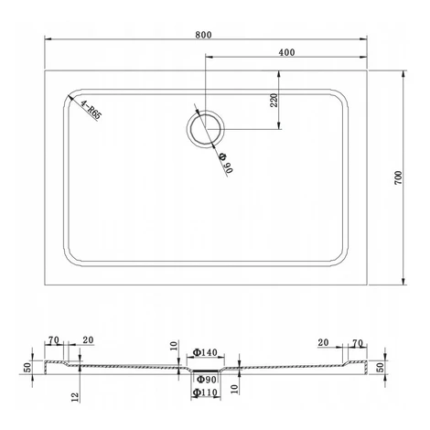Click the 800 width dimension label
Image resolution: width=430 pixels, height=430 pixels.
coord(203,35)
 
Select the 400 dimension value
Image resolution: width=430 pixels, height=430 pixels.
coord(286,52)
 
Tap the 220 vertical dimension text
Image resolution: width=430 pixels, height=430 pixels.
coord(274,100)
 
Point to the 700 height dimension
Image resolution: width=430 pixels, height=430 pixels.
coord(398,177)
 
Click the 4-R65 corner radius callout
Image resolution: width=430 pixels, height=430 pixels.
coord(91,110)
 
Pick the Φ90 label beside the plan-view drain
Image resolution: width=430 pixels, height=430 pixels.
coord(226,163)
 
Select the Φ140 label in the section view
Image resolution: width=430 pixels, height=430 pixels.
coord(205,352)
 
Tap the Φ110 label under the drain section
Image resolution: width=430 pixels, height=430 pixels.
coord(205,392)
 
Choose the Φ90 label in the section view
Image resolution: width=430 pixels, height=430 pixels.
coord(206,380)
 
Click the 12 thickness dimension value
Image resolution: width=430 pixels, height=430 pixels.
coord(75,397)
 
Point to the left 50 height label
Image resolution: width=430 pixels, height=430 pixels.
coord(27,367)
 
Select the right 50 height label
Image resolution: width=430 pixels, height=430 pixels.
coord(381,367)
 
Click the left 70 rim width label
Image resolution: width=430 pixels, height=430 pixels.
coord(54,340)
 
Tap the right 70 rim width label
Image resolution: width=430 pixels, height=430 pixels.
coord(358,343)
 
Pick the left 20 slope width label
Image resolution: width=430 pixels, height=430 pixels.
coord(88,339)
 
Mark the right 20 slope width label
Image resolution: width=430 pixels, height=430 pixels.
coord(323,342)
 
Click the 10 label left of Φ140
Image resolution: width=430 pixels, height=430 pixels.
coord(174,346)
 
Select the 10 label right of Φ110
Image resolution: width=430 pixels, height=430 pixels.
coord(234,389)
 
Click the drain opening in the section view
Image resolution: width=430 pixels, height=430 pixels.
coord(206,370)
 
